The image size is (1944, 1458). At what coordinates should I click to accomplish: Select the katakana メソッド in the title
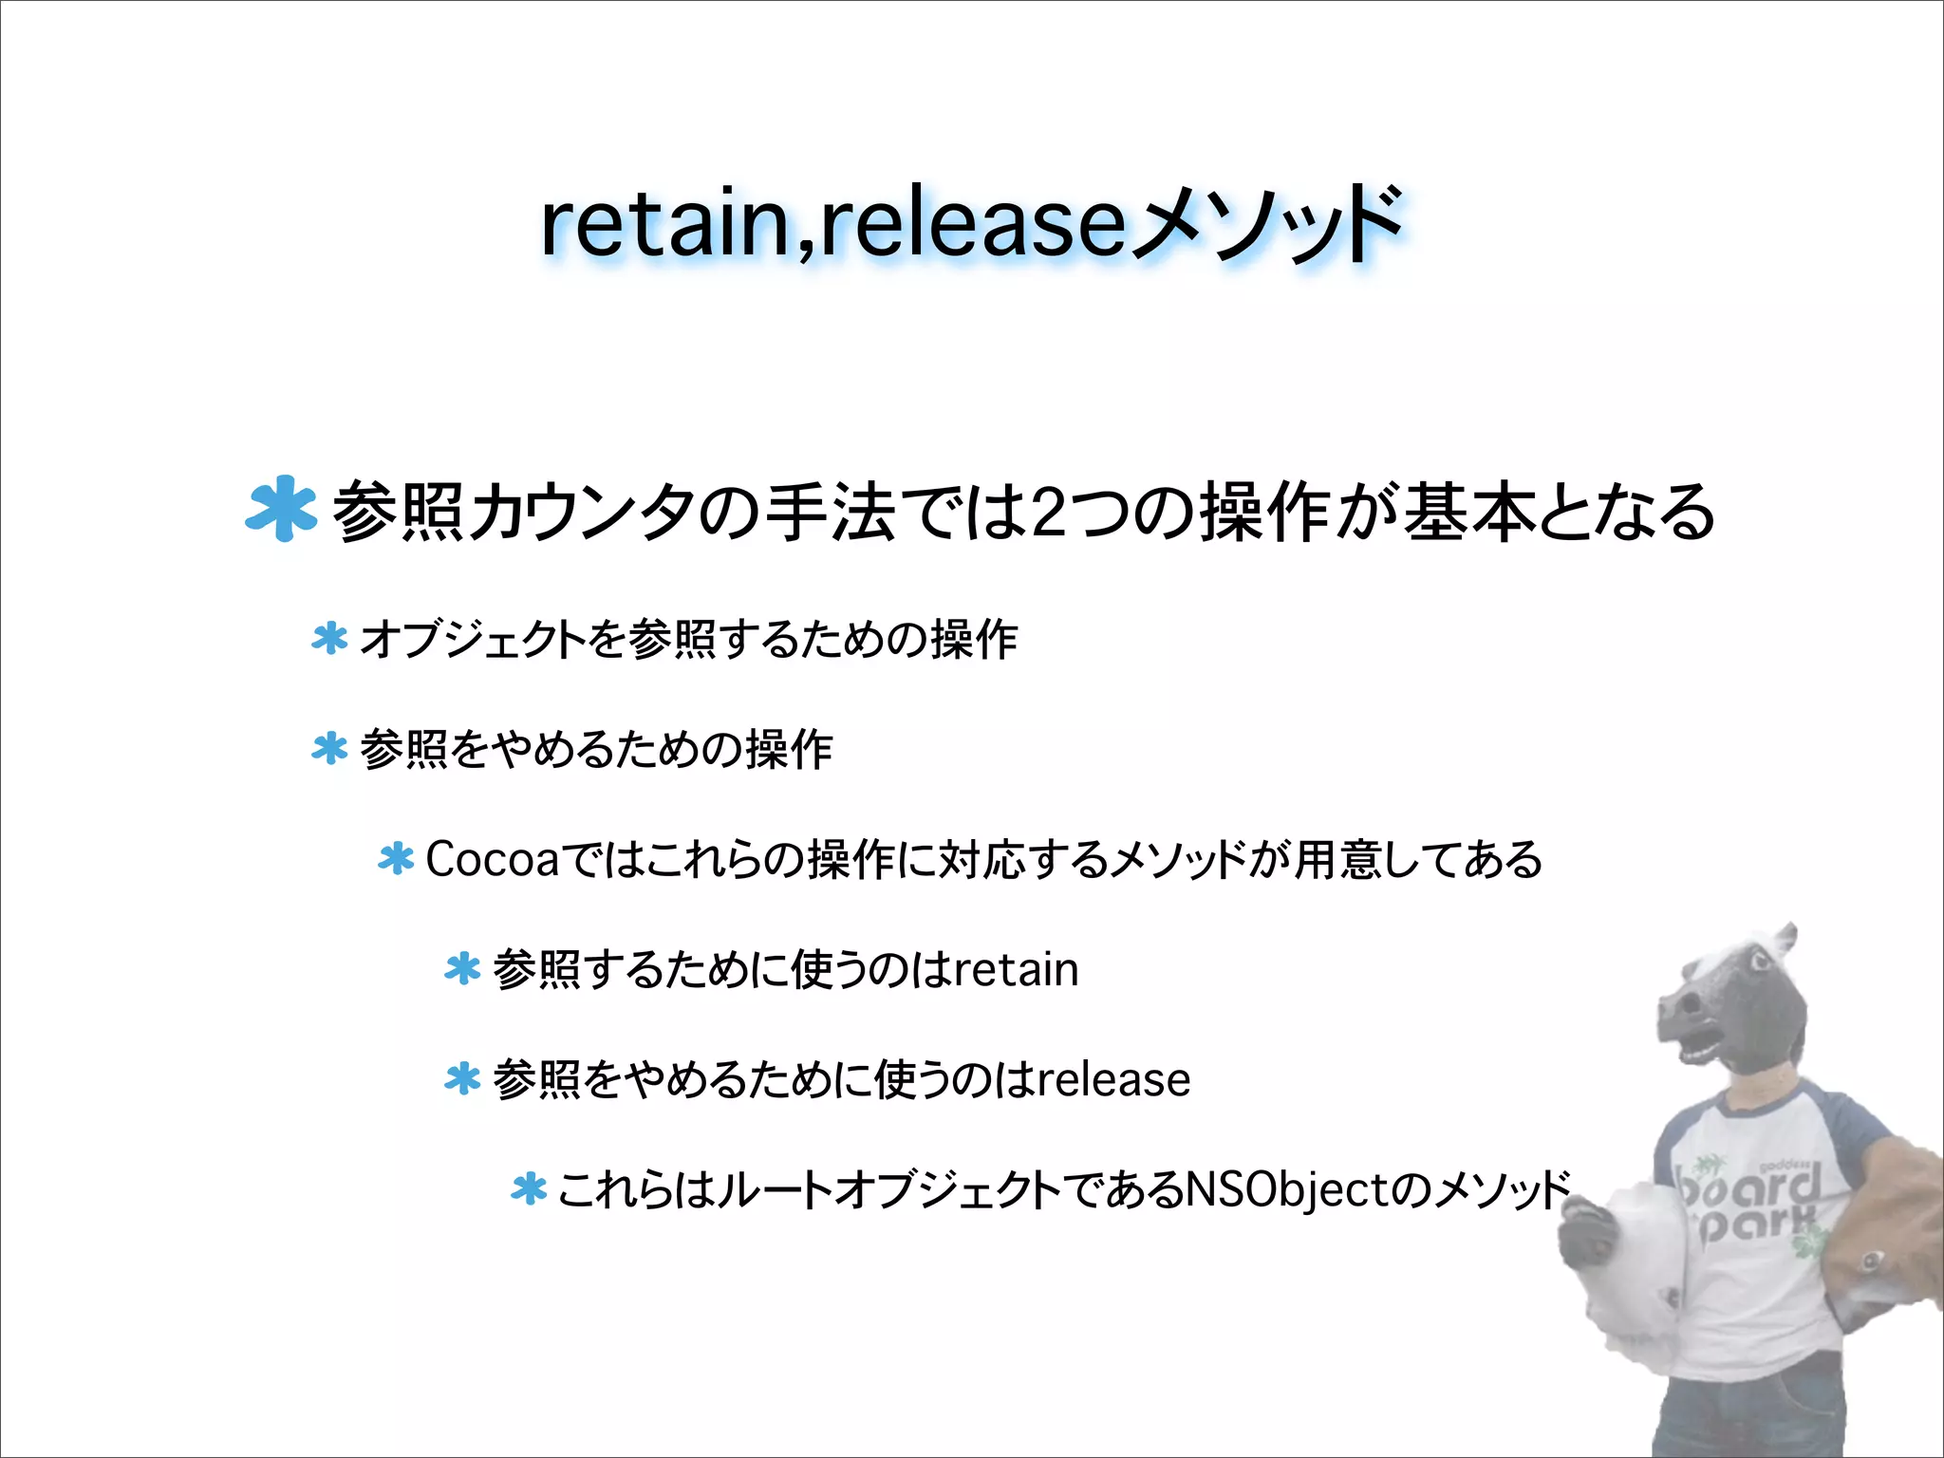(x=1266, y=224)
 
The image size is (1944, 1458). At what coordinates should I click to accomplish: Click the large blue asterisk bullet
(x=280, y=509)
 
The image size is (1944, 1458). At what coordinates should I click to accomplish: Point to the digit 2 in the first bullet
(x=1050, y=513)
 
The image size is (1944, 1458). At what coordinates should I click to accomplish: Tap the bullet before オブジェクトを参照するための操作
(x=329, y=639)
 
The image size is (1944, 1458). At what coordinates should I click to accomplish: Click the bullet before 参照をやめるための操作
(x=329, y=749)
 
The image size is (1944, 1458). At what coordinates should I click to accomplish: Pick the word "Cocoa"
(x=492, y=860)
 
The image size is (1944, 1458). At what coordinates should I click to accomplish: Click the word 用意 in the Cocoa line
(x=1338, y=860)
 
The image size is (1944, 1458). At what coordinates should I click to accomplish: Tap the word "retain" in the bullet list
(x=1016, y=970)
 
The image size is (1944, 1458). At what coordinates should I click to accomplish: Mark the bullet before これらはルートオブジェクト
(x=529, y=1188)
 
